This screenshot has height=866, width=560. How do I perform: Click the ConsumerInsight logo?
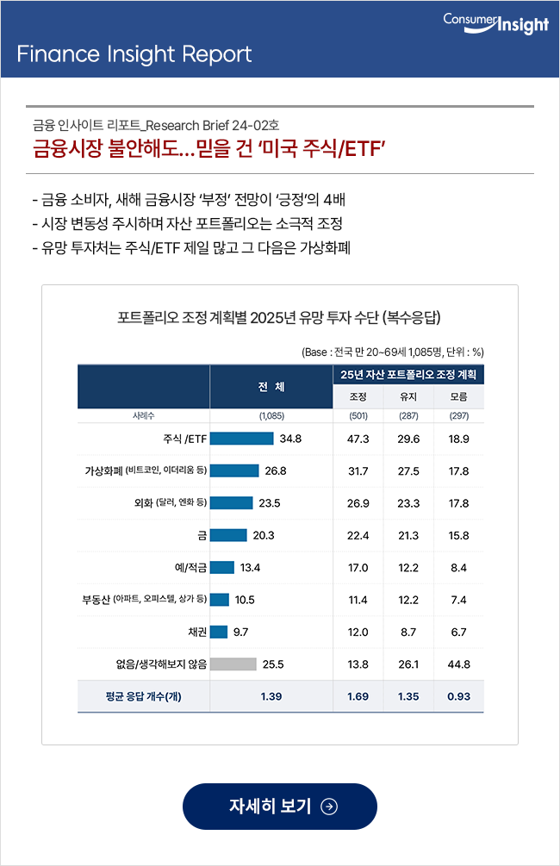(495, 23)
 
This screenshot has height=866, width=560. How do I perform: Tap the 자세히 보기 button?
(280, 807)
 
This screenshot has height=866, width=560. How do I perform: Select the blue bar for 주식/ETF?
(242, 439)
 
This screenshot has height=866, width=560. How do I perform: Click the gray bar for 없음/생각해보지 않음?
(233, 664)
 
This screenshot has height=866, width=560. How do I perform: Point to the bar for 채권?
(219, 632)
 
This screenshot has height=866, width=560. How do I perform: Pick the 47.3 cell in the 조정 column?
(358, 439)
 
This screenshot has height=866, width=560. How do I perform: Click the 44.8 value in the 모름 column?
(459, 664)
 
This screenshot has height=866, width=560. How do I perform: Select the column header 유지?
(408, 396)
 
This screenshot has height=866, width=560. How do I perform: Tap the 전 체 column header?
(271, 387)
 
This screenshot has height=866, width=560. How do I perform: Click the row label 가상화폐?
(103, 470)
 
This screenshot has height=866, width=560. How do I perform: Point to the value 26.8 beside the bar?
(276, 471)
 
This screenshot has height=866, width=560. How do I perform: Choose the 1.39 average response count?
(271, 696)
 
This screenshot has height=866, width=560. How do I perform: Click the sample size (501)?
(358, 416)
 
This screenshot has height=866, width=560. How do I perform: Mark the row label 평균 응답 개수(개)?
(144, 696)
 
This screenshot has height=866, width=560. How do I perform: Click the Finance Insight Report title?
(134, 54)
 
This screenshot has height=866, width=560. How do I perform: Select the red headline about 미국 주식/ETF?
(208, 148)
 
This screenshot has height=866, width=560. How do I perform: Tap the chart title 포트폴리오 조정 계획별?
(279, 318)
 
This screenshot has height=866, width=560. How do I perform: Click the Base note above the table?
(393, 352)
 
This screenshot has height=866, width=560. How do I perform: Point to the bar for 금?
(228, 535)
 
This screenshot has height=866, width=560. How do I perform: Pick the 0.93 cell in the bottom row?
(459, 696)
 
